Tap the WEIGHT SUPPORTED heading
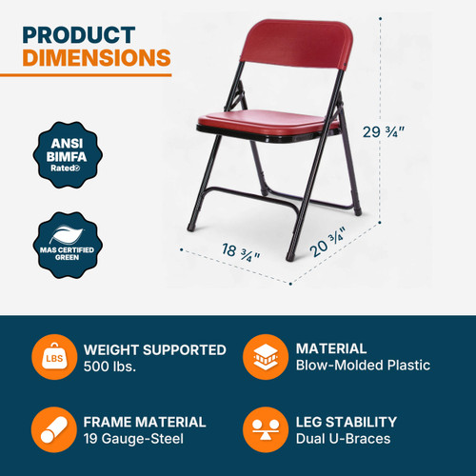pyautogui.click(x=155, y=349)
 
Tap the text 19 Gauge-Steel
pyautogui.click(x=132, y=438)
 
